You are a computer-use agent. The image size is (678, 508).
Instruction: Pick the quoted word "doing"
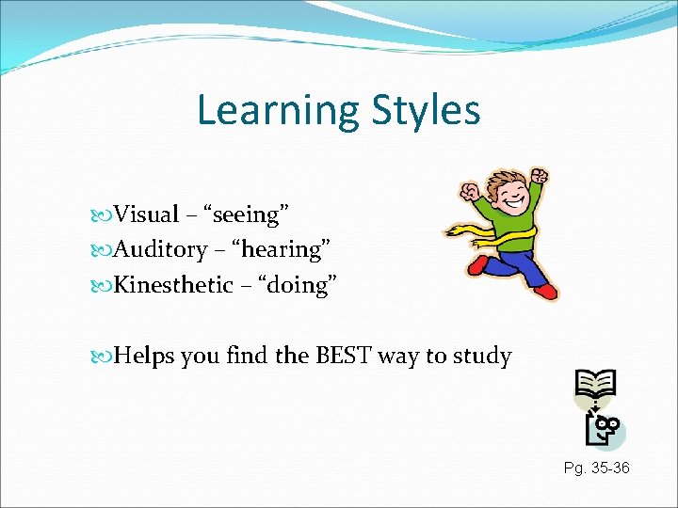click(x=296, y=285)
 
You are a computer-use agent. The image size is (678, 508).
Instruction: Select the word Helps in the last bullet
click(x=142, y=357)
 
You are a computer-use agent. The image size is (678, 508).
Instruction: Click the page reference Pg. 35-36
click(x=596, y=468)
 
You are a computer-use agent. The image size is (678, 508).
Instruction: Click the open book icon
click(x=595, y=383)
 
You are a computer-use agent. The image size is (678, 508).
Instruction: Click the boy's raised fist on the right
click(x=539, y=177)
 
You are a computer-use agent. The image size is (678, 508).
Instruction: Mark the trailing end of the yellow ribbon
click(x=456, y=229)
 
